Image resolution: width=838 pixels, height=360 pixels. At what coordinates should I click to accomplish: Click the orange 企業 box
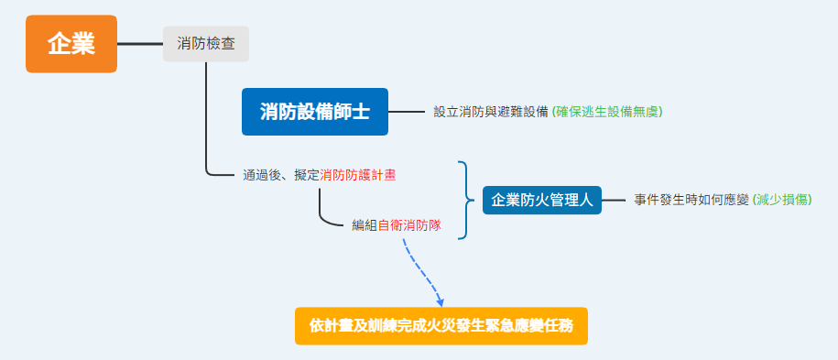pyautogui.click(x=71, y=44)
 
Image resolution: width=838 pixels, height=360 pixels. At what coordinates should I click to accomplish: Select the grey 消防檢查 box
pyautogui.click(x=206, y=44)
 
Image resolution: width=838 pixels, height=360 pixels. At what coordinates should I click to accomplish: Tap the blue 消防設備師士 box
pyautogui.click(x=315, y=112)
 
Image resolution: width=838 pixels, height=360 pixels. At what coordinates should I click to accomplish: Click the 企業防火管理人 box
pyautogui.click(x=542, y=200)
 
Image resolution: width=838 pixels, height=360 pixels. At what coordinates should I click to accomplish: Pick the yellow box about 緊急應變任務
pyautogui.click(x=441, y=326)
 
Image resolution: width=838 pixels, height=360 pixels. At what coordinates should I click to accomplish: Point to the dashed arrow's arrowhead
pyautogui.click(x=440, y=302)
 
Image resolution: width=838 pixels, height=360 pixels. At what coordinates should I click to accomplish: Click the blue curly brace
pyautogui.click(x=466, y=200)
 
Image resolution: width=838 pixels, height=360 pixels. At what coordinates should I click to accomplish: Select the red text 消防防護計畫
pyautogui.click(x=358, y=175)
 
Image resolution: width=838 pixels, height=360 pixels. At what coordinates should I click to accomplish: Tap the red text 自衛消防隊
pyautogui.click(x=409, y=225)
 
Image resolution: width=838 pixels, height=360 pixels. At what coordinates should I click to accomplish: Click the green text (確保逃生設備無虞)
pyautogui.click(x=607, y=112)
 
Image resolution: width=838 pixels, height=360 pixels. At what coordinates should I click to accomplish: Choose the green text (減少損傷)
pyautogui.click(x=782, y=200)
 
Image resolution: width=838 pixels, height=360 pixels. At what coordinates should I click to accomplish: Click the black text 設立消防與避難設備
pyautogui.click(x=491, y=112)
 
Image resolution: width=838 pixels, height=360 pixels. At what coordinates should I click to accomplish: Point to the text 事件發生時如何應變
pyautogui.click(x=691, y=200)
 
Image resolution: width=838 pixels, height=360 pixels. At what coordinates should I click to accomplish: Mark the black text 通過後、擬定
pyautogui.click(x=281, y=175)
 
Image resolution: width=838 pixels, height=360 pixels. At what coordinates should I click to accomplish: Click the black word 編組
pyautogui.click(x=365, y=225)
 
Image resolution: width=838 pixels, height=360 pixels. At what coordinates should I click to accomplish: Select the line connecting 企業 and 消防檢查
pyautogui.click(x=140, y=44)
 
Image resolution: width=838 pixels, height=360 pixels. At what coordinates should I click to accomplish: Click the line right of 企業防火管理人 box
pyautogui.click(x=613, y=200)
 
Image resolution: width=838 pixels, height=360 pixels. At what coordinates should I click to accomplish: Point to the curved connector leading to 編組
pyautogui.click(x=322, y=214)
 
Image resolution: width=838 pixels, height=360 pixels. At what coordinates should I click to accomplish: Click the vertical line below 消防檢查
pyautogui.click(x=206, y=117)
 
